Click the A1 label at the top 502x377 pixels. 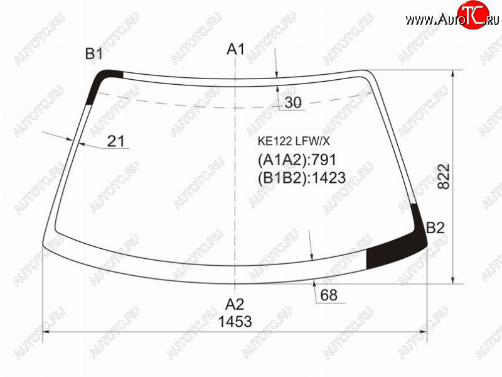point(235,50)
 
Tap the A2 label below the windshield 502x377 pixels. point(235,304)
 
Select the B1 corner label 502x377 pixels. point(93,53)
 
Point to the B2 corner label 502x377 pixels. point(435,227)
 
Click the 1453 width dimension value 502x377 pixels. point(235,321)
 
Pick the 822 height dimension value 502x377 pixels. point(444,177)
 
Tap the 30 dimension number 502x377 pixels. point(293,102)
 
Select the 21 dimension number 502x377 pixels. point(115,141)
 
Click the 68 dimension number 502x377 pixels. point(329,295)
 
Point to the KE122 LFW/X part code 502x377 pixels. point(294,141)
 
